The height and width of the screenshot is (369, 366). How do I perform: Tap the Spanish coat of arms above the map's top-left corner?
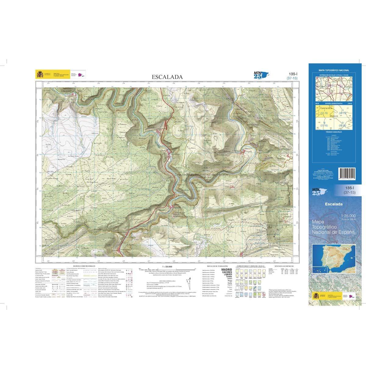coord(40,74)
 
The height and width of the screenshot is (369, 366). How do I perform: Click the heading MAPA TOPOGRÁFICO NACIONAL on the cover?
coord(334,70)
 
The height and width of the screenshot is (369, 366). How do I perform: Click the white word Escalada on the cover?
coord(334,204)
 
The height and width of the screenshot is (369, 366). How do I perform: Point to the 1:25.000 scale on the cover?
coord(348,216)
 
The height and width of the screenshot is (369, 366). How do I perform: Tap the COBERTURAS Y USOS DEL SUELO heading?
coord(248,266)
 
